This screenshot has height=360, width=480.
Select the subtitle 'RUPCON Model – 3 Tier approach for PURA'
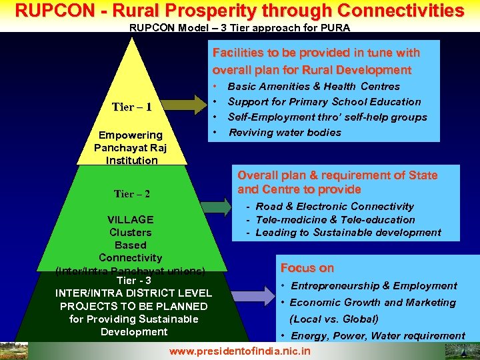pyautogui.click(x=239, y=28)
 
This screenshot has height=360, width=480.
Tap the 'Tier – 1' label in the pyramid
pyautogui.click(x=132, y=107)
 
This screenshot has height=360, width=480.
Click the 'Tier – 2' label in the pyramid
pyautogui.click(x=132, y=194)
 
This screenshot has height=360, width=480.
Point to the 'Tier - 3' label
pyautogui.click(x=133, y=280)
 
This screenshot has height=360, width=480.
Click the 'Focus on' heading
pyautogui.click(x=307, y=268)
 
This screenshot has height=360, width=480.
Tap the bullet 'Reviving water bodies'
pyautogui.click(x=285, y=132)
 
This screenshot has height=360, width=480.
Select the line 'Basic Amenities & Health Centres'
pyautogui.click(x=313, y=86)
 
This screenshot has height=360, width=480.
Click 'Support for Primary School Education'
pyautogui.click(x=324, y=101)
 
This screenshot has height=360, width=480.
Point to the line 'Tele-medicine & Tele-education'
pyautogui.click(x=335, y=219)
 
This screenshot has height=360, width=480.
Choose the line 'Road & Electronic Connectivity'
pyautogui.click(x=335, y=207)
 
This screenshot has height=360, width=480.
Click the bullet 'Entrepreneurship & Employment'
pyautogui.click(x=373, y=285)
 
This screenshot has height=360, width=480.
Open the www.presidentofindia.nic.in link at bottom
pyautogui.click(x=240, y=351)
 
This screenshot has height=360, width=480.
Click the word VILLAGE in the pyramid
pyautogui.click(x=131, y=219)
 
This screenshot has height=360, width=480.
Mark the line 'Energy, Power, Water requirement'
pyautogui.click(x=377, y=335)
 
